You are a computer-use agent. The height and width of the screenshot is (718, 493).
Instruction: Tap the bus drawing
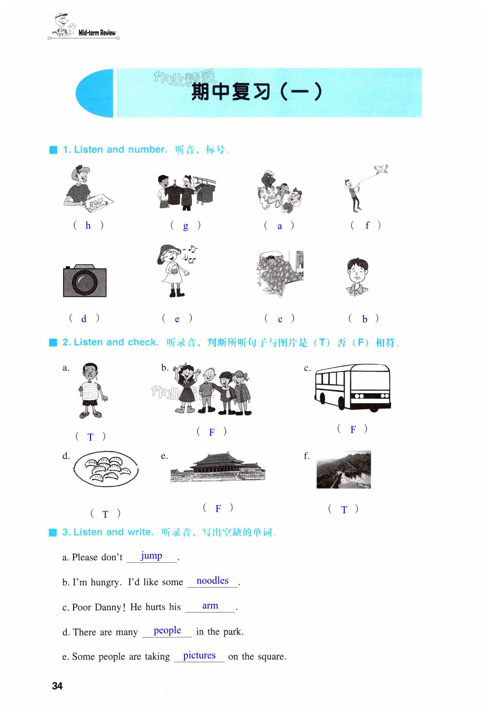pyautogui.click(x=353, y=388)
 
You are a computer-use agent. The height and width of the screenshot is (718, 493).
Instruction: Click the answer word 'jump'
pyautogui.click(x=152, y=556)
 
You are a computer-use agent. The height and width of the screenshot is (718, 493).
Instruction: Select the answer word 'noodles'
pyautogui.click(x=213, y=581)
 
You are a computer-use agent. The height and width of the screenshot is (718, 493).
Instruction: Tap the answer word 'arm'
pyautogui.click(x=210, y=606)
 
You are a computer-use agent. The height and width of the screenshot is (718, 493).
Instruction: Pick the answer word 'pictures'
pyautogui.click(x=199, y=655)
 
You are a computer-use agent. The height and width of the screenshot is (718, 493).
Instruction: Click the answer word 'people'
pyautogui.click(x=167, y=630)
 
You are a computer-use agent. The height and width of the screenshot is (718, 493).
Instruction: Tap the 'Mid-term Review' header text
pyautogui.click(x=97, y=33)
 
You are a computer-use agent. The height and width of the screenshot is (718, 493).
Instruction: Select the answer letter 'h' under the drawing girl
pyautogui.click(x=88, y=225)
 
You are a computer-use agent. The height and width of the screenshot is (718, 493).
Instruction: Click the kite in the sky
pyautogui.click(x=381, y=169)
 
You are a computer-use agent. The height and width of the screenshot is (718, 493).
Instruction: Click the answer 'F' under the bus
pyautogui.click(x=353, y=429)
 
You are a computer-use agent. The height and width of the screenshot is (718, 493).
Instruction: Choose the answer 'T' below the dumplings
pyautogui.click(x=105, y=514)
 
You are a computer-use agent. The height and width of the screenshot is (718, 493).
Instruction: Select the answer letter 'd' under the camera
pyautogui.click(x=84, y=319)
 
